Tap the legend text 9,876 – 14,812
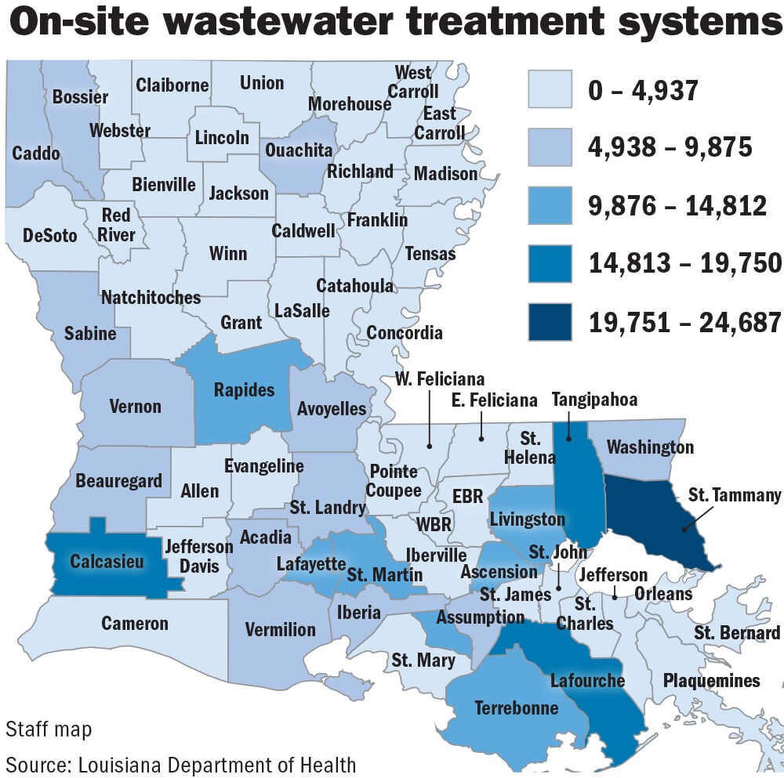click(x=677, y=206)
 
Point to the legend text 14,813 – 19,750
click(x=685, y=264)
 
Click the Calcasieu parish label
click(x=107, y=562)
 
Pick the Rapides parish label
click(x=244, y=389)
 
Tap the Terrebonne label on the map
click(x=516, y=708)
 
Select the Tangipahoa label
click(x=594, y=400)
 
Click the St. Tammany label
click(x=735, y=494)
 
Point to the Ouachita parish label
click(x=299, y=150)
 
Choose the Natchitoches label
click(x=151, y=298)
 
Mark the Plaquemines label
click(x=711, y=680)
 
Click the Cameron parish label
click(x=135, y=623)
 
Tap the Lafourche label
click(x=586, y=679)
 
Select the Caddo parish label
click(x=36, y=153)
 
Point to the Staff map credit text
click(x=49, y=729)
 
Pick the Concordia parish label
click(x=405, y=333)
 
